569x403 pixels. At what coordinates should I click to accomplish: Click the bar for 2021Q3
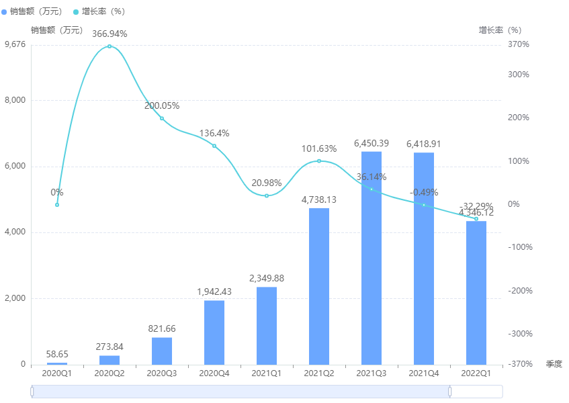point(371,259)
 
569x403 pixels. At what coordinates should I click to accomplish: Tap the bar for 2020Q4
point(214,332)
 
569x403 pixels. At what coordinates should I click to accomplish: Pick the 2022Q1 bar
point(476,293)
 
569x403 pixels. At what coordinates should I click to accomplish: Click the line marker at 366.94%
point(110,46)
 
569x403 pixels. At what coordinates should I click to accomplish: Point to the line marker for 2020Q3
point(162,118)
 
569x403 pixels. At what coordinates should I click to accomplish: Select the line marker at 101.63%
point(319,161)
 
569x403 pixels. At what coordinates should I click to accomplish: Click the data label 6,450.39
point(371,144)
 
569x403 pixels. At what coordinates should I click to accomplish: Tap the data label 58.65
point(57,354)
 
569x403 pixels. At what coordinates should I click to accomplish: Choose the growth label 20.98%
point(267,183)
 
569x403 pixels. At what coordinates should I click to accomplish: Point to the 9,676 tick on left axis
point(15,44)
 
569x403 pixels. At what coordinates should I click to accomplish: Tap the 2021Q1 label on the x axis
point(267,373)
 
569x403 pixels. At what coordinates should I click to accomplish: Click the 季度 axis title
point(554,364)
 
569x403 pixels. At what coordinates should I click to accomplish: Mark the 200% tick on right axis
point(518,118)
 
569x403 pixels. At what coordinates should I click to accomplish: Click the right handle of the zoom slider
point(450,392)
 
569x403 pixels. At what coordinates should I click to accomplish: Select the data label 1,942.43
point(214,292)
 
